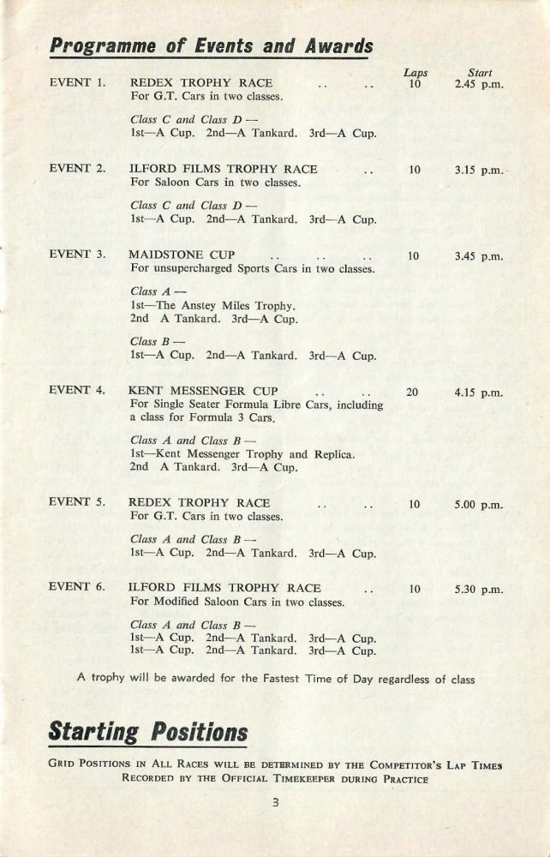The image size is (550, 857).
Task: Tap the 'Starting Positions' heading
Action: [148, 733]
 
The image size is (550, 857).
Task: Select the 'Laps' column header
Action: [415, 74]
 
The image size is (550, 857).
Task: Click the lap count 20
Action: [415, 393]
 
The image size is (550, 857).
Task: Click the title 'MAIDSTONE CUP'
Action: [181, 255]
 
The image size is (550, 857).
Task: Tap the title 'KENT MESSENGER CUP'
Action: [203, 393]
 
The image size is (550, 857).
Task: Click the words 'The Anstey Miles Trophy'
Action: [233, 305]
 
